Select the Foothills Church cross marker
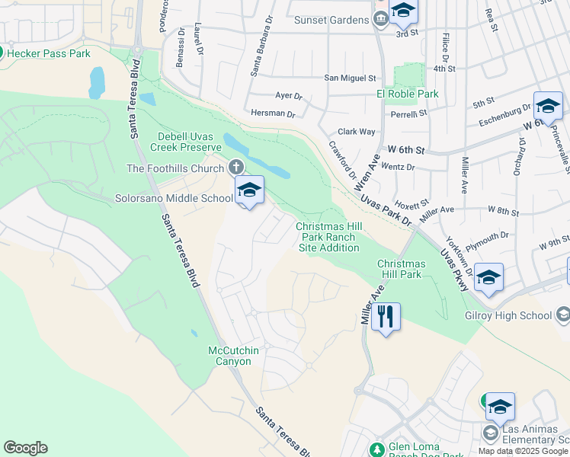tap(236, 167)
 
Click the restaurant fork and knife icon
tap(386, 315)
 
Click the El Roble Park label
tap(407, 94)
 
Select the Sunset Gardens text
tap(333, 21)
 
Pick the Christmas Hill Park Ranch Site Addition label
tap(328, 237)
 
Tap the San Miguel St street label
tap(351, 78)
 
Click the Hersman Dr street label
tap(273, 113)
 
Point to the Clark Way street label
tap(357, 131)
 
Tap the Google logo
tap(25, 448)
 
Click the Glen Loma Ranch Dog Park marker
tap(376, 449)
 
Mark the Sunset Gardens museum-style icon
tap(381, 21)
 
